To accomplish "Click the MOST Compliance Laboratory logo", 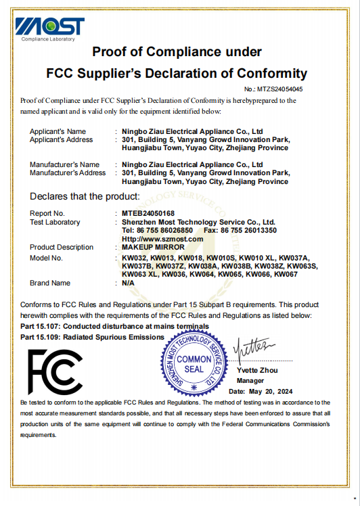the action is pyautogui.click(x=50, y=28).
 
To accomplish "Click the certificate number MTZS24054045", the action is pyautogui.click(x=279, y=89).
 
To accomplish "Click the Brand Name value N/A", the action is pyautogui.click(x=128, y=283).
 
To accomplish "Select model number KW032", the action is pyautogui.click(x=133, y=258).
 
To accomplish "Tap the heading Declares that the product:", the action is pyautogui.click(x=85, y=197).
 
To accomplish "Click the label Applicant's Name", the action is pyautogui.click(x=58, y=131).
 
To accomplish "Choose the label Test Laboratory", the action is pyautogui.click(x=55, y=222).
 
